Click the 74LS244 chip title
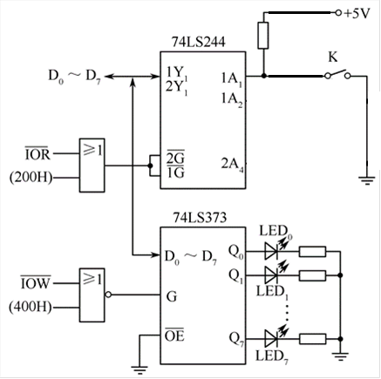coord(199,43)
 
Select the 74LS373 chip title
coord(200,217)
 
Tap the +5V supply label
coord(357,13)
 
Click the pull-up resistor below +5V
coord(263,35)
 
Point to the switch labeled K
coord(337,74)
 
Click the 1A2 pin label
coord(232,100)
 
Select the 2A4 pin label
coord(233,165)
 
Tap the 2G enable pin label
coord(175,158)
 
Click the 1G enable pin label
coord(175,173)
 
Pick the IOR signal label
coord(37,153)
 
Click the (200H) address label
coord(31,178)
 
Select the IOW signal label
coord(36,282)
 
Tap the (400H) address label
coord(31,307)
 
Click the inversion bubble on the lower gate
coord(108,294)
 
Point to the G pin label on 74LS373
coord(172,297)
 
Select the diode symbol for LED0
coord(271,251)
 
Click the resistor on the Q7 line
coord(312,339)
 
